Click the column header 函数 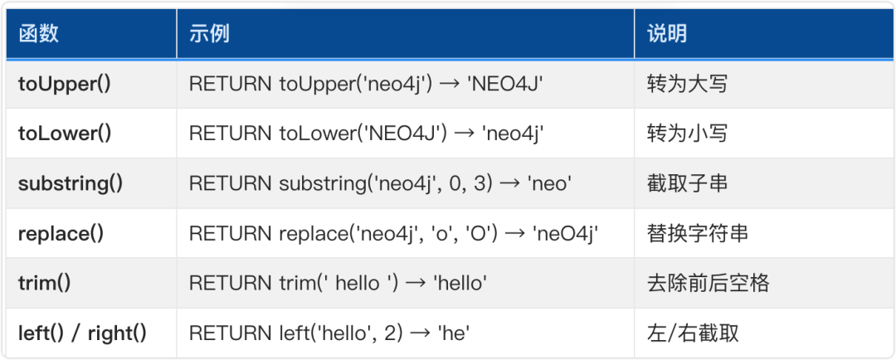point(39,34)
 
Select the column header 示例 point(210,34)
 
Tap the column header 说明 point(667,34)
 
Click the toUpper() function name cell point(64,84)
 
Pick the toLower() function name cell point(64,134)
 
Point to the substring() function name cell point(71,183)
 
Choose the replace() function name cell point(61,233)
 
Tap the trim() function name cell point(44,283)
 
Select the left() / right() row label point(82,333)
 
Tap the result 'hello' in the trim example point(455,283)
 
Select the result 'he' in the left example point(451,333)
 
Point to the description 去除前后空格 point(708,283)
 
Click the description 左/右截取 point(693,333)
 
